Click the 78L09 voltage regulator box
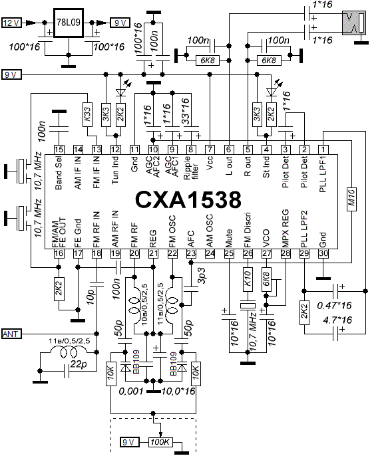pyautogui.click(x=69, y=23)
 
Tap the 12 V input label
pyautogui.click(x=12, y=23)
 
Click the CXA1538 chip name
pyautogui.click(x=188, y=200)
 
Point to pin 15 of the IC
pyautogui.click(x=59, y=150)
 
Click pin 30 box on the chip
pyautogui.click(x=323, y=253)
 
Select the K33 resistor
pyautogui.click(x=87, y=114)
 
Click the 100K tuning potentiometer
pyautogui.click(x=160, y=442)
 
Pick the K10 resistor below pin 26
pyautogui.click(x=248, y=279)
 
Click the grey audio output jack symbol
pyautogui.click(x=353, y=23)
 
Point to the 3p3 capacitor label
pyautogui.click(x=202, y=276)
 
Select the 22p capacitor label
pyautogui.click(x=79, y=364)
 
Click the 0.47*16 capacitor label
pyautogui.click(x=334, y=305)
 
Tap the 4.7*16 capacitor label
pyautogui.click(x=337, y=320)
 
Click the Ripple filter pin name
pyautogui.click(x=191, y=168)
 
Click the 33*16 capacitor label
pyautogui.click(x=185, y=111)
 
